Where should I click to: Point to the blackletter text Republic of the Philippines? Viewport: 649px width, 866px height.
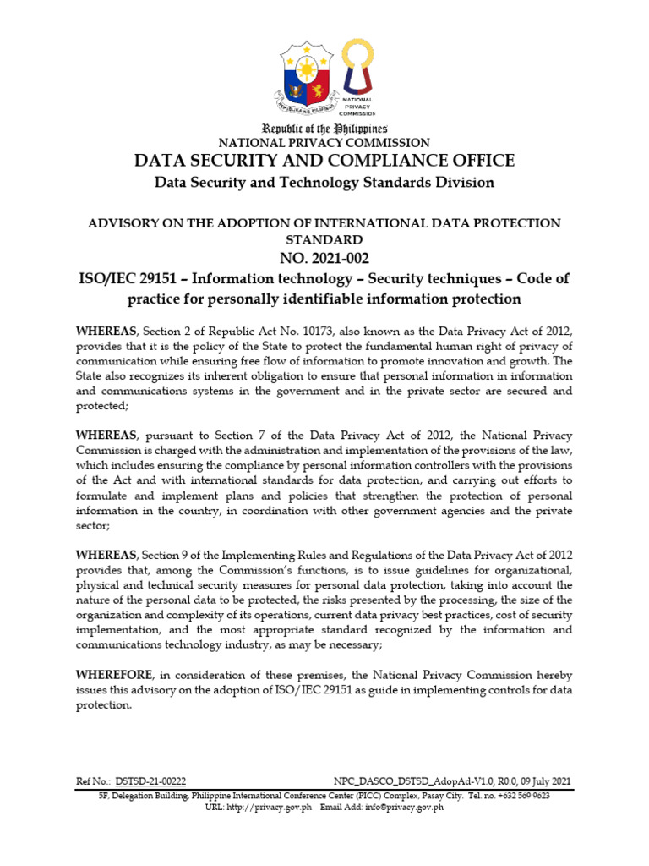(324, 129)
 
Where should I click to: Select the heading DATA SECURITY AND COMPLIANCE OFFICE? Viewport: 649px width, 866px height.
(324, 161)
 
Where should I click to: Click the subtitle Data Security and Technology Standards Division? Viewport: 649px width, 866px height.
(324, 183)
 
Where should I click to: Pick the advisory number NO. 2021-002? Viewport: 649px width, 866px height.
(324, 258)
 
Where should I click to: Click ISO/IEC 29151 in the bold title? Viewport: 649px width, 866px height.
(172, 279)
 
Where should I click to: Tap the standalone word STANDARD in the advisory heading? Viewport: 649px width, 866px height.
(324, 239)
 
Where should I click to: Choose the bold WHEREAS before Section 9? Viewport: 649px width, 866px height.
(106, 555)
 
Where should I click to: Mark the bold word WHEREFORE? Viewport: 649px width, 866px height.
(115, 675)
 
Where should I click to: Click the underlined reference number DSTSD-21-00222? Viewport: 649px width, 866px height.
(150, 781)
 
